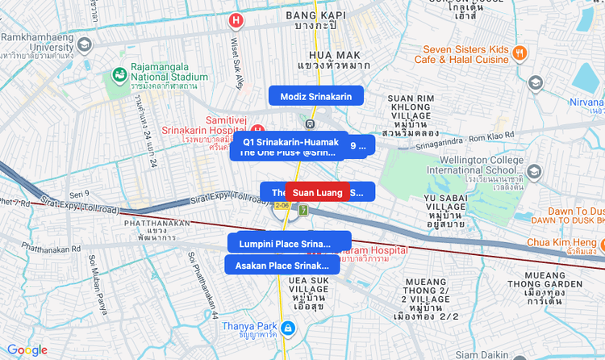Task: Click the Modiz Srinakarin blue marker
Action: click(x=315, y=97)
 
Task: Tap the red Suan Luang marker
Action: click(x=317, y=192)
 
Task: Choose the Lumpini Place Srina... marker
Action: click(x=285, y=244)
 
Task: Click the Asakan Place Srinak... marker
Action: click(x=282, y=265)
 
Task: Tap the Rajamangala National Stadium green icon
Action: click(x=119, y=75)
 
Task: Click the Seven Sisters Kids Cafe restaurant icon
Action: click(x=520, y=53)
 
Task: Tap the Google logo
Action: click(x=27, y=350)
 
